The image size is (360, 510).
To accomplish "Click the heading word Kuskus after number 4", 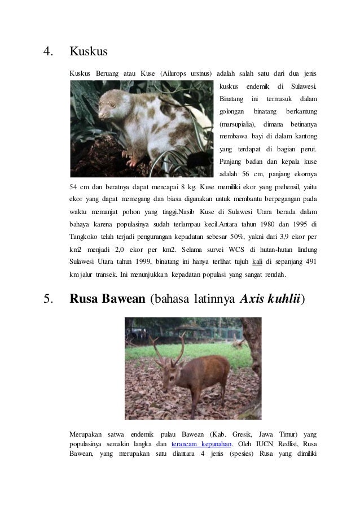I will pos(89,53).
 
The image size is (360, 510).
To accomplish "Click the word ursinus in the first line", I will pos(201,73).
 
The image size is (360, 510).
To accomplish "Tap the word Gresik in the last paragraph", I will pos(241,434).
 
